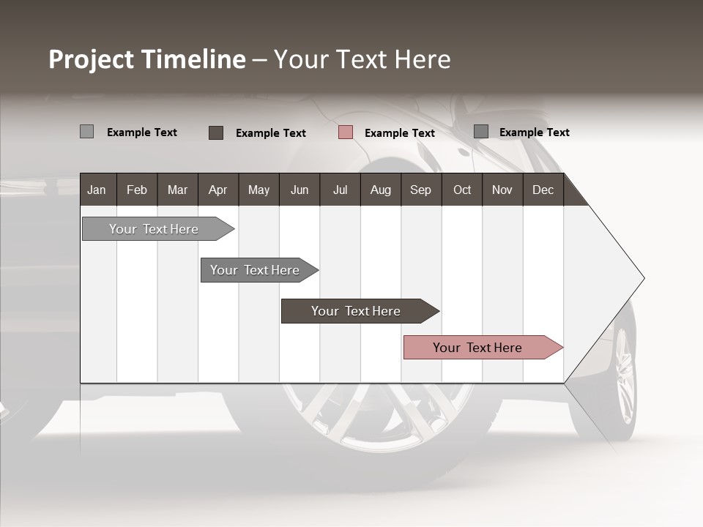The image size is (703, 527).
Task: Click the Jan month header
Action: pyautogui.click(x=97, y=190)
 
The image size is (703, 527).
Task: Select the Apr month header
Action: pyautogui.click(x=218, y=190)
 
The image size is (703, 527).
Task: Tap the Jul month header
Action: pyautogui.click(x=340, y=190)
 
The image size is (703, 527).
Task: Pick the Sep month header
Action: pyautogui.click(x=420, y=190)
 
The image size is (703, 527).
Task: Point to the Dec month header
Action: pyautogui.click(x=543, y=190)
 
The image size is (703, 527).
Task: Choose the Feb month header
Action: pyautogui.click(x=137, y=190)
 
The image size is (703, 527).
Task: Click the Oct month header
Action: pyautogui.click(x=462, y=190)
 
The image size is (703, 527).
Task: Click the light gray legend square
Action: pyautogui.click(x=86, y=132)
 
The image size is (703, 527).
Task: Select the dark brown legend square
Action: pyautogui.click(x=215, y=132)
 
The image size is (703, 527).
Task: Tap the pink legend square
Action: pyautogui.click(x=346, y=132)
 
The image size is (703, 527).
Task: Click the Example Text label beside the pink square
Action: pyautogui.click(x=400, y=133)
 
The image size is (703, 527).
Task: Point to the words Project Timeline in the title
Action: pyautogui.click(x=147, y=59)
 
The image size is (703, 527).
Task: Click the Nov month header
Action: pyautogui.click(x=502, y=190)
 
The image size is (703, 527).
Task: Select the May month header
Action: pyautogui.click(x=258, y=190)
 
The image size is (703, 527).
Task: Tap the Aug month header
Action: pyautogui.click(x=380, y=190)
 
